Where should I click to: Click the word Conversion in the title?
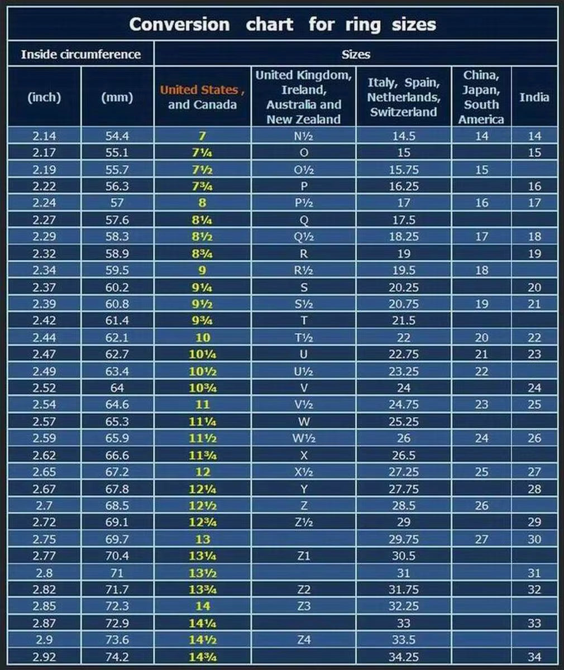pyautogui.click(x=179, y=25)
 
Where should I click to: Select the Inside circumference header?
pyautogui.click(x=80, y=54)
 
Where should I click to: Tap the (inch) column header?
pyautogui.click(x=44, y=97)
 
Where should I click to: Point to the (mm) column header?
pyautogui.click(x=117, y=97)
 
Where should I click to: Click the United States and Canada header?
pyautogui.click(x=202, y=97)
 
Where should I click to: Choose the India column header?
pyautogui.click(x=534, y=97)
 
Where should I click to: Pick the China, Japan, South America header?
pyautogui.click(x=481, y=97)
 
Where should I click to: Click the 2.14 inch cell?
pyautogui.click(x=44, y=136)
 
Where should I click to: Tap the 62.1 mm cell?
pyautogui.click(x=117, y=338)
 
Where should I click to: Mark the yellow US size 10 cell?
pyautogui.click(x=203, y=338)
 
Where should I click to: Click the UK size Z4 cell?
pyautogui.click(x=303, y=640)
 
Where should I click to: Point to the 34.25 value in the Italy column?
pyautogui.click(x=403, y=657)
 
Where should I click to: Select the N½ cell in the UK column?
pyautogui.click(x=303, y=136)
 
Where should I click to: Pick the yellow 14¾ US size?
pyautogui.click(x=203, y=657)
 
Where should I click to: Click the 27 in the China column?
pyautogui.click(x=481, y=539)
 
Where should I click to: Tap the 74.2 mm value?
pyautogui.click(x=117, y=657)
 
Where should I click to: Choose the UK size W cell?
pyautogui.click(x=303, y=422)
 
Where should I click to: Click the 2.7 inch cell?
pyautogui.click(x=44, y=506)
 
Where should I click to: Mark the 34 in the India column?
pyautogui.click(x=534, y=657)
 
